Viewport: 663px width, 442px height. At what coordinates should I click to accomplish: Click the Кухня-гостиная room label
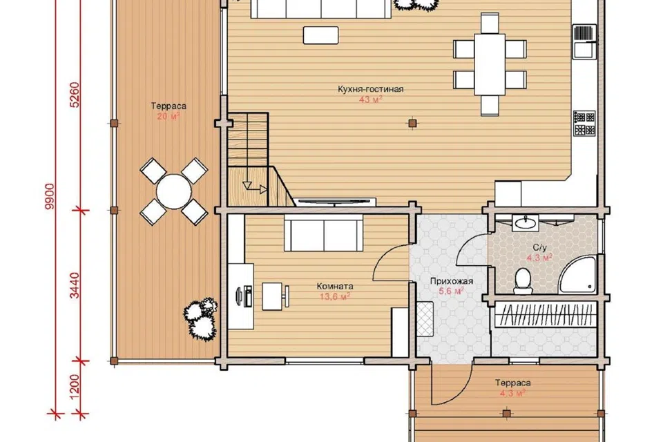point(370,89)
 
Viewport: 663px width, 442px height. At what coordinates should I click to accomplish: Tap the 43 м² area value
point(370,100)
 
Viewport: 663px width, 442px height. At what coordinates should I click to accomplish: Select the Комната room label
point(335,287)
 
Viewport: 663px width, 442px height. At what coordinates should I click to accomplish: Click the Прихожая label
point(452,281)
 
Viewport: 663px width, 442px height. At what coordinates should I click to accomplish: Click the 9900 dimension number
point(50,197)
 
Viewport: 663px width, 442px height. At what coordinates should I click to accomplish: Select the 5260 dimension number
point(75,95)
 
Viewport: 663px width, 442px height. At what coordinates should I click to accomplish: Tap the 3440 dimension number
point(75,285)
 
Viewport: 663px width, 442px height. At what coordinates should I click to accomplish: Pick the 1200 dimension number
point(75,387)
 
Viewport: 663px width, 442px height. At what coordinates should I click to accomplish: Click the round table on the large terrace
point(174,191)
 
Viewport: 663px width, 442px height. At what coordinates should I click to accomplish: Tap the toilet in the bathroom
point(523,280)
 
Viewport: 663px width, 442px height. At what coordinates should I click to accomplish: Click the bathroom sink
point(526,222)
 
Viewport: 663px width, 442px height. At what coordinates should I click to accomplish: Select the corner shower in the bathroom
point(577,276)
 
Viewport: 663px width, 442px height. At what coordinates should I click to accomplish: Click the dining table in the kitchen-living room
point(490,64)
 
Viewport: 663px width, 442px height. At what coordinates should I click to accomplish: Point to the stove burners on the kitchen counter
point(584,124)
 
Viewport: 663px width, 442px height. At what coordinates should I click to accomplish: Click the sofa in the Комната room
point(323,233)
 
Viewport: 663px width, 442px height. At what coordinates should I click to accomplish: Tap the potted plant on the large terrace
point(200,318)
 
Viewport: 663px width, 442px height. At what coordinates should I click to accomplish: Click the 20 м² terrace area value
point(169,116)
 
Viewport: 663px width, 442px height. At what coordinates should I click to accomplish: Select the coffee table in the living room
point(321,35)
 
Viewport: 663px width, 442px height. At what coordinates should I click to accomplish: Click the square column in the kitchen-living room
point(413,123)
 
